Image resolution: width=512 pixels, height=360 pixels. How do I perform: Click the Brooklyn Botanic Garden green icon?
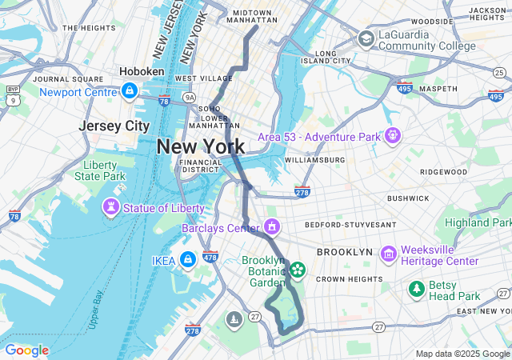(298, 270)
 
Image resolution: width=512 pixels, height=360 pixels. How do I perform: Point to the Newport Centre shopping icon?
(130, 91)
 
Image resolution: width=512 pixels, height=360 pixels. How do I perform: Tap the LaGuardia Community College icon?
(366, 38)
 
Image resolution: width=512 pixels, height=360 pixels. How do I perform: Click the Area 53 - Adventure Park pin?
(391, 136)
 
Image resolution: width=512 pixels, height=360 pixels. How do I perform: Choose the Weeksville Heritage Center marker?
(390, 254)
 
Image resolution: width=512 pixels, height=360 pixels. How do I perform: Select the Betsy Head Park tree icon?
(416, 289)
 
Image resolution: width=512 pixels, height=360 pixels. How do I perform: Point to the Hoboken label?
(142, 71)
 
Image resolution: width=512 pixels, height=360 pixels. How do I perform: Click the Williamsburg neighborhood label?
(314, 160)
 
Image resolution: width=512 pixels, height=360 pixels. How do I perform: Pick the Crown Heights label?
(349, 278)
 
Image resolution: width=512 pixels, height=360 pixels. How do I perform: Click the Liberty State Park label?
(105, 170)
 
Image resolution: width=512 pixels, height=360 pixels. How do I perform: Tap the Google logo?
(27, 350)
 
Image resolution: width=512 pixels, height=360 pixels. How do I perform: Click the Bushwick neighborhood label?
(408, 198)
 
